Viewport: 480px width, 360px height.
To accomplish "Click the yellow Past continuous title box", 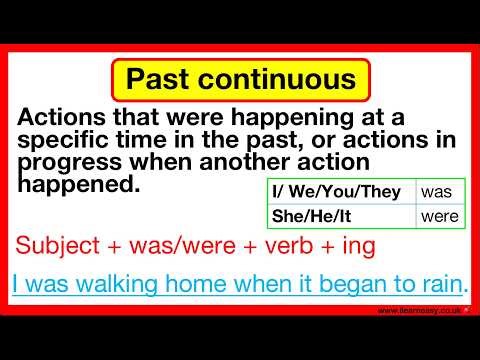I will (241, 78).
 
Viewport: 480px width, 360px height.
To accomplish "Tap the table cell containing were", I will (439, 215).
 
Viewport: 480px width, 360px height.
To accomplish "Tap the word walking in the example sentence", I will (110, 284).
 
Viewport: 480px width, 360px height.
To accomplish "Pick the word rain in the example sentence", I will (441, 284).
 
